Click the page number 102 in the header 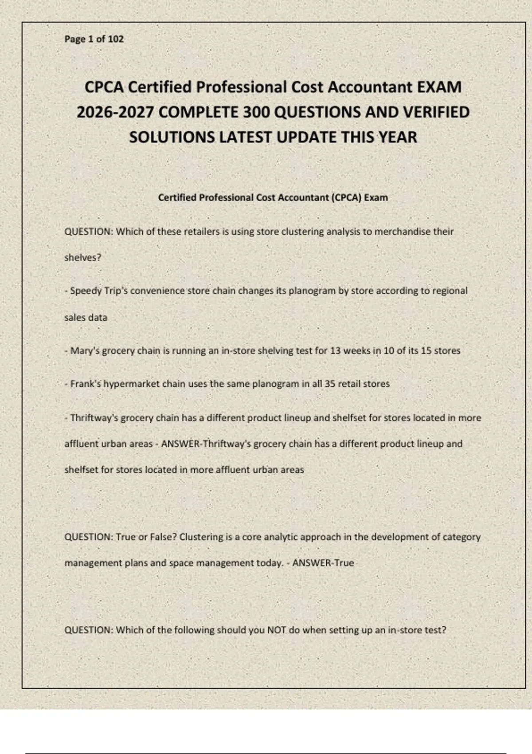(116, 39)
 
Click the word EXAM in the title (439, 87)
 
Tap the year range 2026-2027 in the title (115, 112)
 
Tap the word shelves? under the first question (83, 258)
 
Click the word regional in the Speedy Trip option (450, 291)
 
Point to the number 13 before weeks (336, 351)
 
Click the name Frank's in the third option (86, 384)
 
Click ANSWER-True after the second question (323, 563)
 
